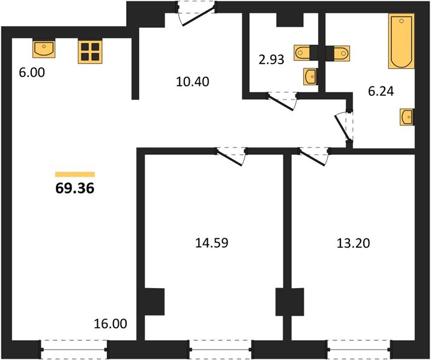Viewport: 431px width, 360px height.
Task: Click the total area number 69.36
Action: [x=75, y=188]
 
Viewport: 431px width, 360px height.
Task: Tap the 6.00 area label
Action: [x=32, y=73]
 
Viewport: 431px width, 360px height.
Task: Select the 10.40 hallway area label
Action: [x=193, y=82]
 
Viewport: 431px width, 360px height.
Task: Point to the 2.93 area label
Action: [x=271, y=59]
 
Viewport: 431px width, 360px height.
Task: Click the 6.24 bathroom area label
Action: [x=381, y=91]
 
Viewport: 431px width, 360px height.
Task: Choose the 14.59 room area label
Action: [x=212, y=243]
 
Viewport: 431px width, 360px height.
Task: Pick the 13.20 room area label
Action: [x=353, y=243]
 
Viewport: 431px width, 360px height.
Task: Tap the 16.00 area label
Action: [x=110, y=324]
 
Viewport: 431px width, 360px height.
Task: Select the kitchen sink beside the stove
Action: [x=44, y=49]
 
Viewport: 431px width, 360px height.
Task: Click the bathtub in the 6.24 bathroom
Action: [x=402, y=41]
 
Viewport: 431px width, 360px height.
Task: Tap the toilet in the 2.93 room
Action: [x=303, y=53]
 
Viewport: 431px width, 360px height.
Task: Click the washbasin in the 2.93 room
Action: [x=310, y=76]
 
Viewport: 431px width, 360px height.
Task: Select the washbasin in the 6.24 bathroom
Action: [x=407, y=118]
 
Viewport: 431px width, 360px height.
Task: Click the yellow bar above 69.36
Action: [x=75, y=174]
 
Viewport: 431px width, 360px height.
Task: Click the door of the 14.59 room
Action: [x=231, y=156]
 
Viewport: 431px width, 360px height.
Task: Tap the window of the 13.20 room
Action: [x=359, y=350]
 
